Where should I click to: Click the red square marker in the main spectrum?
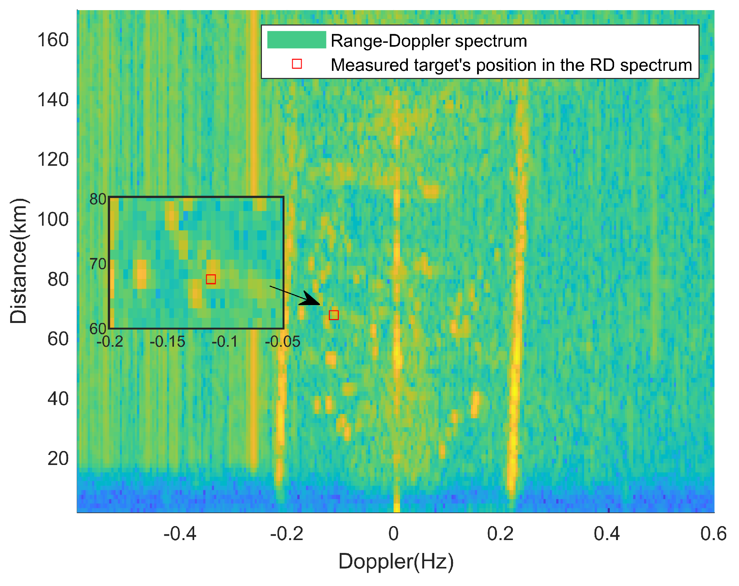tap(334, 315)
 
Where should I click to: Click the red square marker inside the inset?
tap(211, 279)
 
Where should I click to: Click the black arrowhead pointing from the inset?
tap(311, 299)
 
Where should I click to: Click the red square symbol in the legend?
tap(297, 64)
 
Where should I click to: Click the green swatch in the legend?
tap(297, 40)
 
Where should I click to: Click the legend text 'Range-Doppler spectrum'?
tap(428, 41)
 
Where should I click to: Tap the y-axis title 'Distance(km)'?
tap(19, 261)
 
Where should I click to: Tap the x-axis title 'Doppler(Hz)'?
tap(396, 561)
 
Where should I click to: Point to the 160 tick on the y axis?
tap(53, 40)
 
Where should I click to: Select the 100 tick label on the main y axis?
tap(53, 219)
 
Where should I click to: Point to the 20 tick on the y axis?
tap(58, 459)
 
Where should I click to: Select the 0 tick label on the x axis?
tap(393, 534)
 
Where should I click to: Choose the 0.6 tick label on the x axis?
tap(713, 534)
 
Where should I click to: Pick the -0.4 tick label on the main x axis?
tap(180, 534)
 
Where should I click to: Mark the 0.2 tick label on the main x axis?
tap(500, 534)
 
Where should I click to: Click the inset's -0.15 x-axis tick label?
tap(167, 342)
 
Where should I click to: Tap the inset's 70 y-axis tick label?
tap(98, 264)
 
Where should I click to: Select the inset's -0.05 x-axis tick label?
tap(283, 342)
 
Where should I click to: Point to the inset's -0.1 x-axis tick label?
tap(225, 342)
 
